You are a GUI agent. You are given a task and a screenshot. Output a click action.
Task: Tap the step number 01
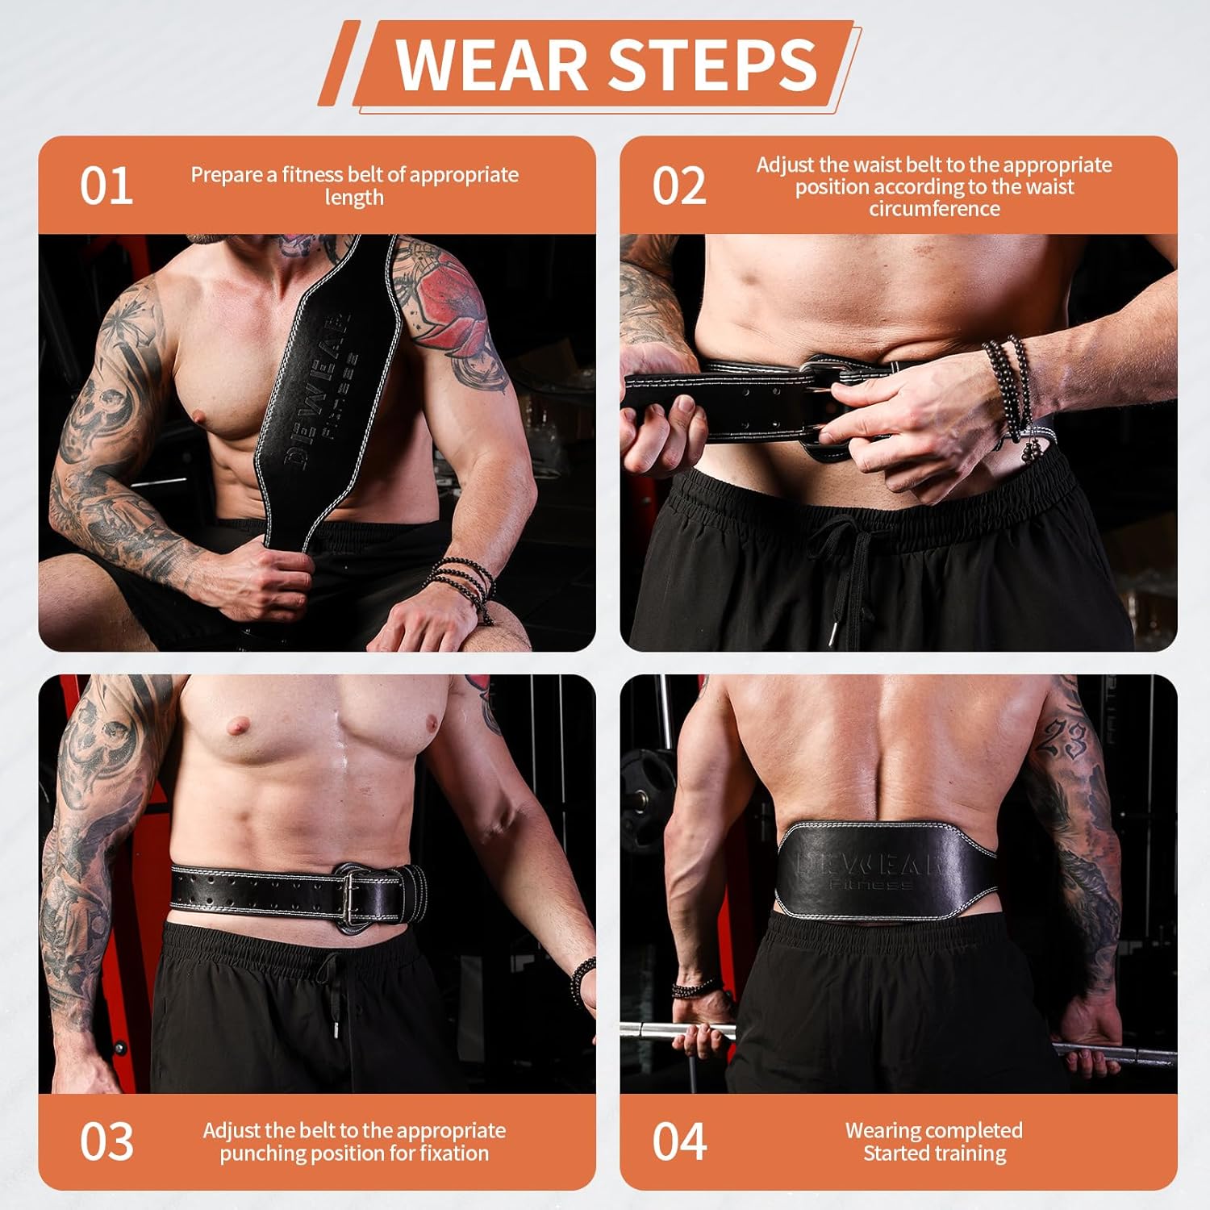click(x=106, y=186)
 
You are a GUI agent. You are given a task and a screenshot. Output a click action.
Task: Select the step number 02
click(x=678, y=186)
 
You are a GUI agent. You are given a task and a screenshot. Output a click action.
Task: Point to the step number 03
click(x=106, y=1141)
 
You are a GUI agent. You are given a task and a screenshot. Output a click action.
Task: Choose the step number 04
click(x=678, y=1141)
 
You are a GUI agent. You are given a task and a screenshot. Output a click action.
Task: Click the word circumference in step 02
click(x=934, y=209)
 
